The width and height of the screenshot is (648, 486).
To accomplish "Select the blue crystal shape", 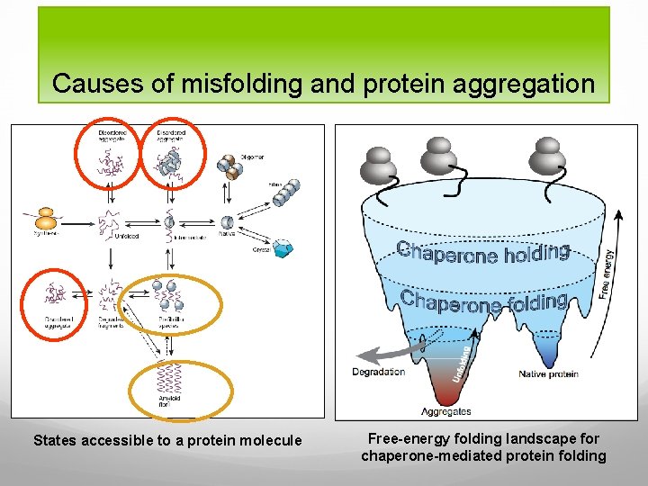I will point(285,248).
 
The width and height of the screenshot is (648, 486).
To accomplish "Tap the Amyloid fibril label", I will point(169,399).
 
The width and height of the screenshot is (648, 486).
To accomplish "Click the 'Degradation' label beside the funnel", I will point(378,372).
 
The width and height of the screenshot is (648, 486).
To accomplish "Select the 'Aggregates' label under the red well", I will point(446,411).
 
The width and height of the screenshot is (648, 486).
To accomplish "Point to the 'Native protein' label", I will point(548,373).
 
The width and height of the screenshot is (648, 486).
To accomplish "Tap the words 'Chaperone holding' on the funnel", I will point(484,253).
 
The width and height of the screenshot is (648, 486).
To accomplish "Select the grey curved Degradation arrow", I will point(382,350).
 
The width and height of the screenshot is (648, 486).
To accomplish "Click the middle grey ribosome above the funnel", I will point(441,158).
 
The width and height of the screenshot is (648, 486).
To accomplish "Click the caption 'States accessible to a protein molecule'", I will point(167,441).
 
